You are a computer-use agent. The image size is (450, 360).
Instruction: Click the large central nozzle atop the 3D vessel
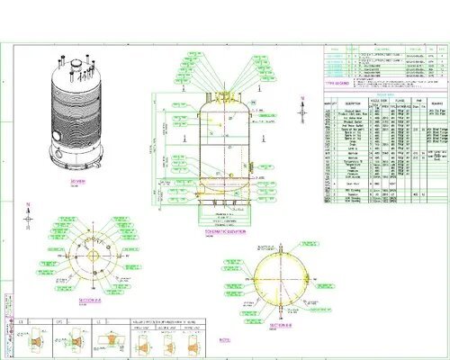[x=76, y=67]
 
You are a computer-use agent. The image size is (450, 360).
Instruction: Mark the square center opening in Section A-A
[x=91, y=255]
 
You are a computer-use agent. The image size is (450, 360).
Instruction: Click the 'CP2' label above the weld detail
[x=61, y=320]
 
